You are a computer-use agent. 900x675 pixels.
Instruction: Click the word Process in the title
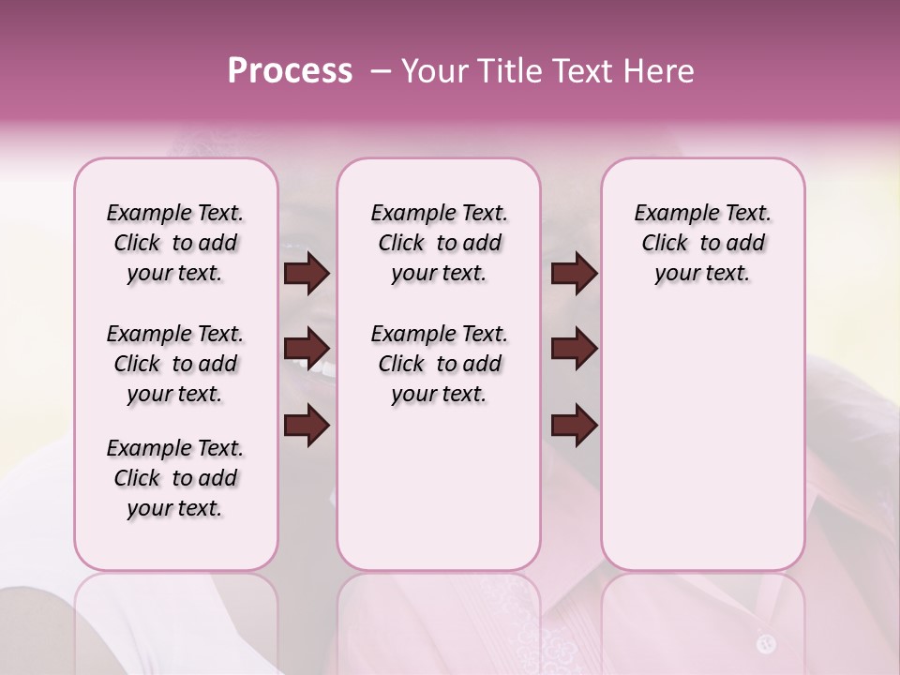290,71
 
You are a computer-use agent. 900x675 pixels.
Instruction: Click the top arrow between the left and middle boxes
307,274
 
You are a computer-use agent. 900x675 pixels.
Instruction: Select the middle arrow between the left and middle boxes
307,350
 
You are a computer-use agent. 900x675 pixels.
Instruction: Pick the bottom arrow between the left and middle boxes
307,427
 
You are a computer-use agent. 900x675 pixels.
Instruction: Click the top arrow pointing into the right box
574,274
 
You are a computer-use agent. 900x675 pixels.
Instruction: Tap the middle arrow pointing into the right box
574,350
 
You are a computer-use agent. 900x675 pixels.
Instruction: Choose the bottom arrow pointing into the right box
574,427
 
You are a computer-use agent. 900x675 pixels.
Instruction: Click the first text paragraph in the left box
175,243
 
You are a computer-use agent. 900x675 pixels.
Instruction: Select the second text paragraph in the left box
175,364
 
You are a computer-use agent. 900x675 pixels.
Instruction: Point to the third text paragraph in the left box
175,478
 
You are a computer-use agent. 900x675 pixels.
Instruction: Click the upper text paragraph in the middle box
440,243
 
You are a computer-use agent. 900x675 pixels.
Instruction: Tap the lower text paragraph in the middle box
440,364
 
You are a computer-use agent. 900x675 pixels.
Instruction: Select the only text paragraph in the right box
703,243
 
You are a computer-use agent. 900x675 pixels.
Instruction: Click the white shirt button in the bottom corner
766,643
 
